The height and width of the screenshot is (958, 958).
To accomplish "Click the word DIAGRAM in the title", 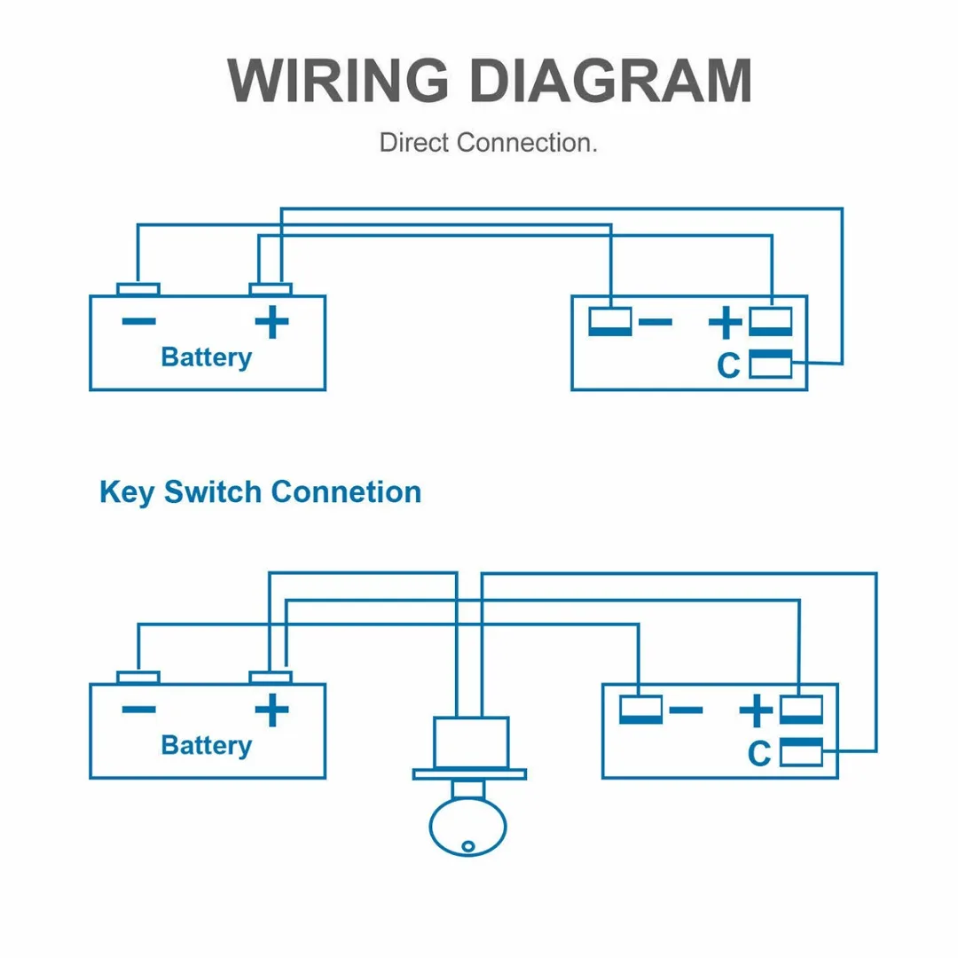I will (x=610, y=81).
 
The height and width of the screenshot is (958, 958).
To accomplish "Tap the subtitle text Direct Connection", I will (x=488, y=142).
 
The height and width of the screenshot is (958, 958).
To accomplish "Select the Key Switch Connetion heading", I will (x=260, y=492).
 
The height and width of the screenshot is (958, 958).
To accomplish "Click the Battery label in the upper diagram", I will (x=206, y=357).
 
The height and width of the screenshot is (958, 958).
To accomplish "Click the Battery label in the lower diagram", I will (x=206, y=745).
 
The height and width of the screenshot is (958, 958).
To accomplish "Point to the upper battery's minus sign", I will (x=138, y=321).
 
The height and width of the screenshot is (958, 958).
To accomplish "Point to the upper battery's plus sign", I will (x=271, y=321).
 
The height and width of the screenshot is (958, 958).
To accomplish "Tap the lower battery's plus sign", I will (x=271, y=709).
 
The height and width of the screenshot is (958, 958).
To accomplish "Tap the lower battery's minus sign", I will (x=138, y=709).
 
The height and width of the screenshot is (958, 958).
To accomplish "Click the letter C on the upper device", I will (x=728, y=365).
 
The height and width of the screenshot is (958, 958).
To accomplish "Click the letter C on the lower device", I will (x=759, y=753).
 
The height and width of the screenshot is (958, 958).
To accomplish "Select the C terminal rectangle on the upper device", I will (x=771, y=364).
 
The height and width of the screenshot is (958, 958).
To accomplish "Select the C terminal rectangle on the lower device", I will (x=801, y=752).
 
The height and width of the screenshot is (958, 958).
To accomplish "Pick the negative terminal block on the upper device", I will (x=610, y=321).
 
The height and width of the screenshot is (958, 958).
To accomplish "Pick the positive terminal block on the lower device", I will (x=801, y=710).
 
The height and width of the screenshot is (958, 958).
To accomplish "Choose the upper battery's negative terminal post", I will (x=138, y=289).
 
